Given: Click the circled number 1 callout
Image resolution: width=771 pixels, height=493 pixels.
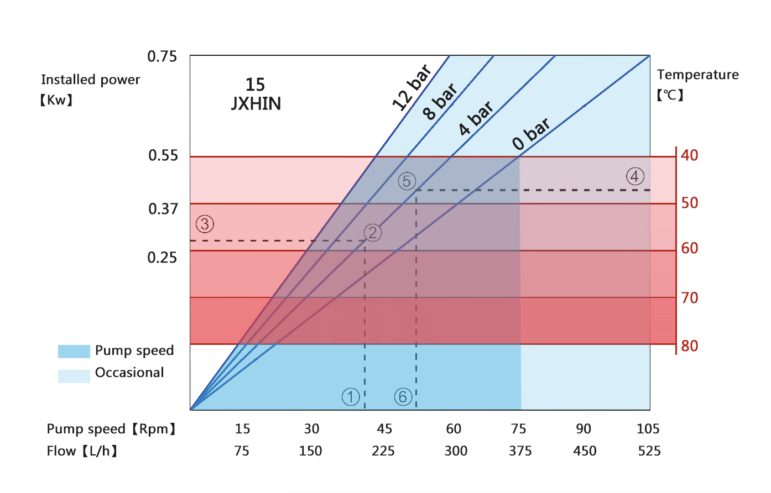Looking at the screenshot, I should [x=351, y=397].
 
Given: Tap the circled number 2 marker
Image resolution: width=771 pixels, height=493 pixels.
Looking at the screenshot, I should [x=372, y=233].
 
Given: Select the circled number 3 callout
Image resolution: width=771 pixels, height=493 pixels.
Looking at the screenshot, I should [x=205, y=224].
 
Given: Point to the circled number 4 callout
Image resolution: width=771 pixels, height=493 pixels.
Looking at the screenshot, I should [x=635, y=176].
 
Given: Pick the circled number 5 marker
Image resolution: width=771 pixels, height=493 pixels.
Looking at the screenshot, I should [x=407, y=181].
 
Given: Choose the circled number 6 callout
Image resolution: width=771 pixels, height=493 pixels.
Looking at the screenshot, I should [x=403, y=397].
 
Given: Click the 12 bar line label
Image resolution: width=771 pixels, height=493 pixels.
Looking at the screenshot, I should [x=411, y=87].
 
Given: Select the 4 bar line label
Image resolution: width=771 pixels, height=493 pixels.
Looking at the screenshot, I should [x=476, y=118].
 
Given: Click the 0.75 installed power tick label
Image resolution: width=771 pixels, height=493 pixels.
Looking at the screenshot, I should [x=162, y=56].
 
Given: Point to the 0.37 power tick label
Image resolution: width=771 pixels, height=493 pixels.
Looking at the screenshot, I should [x=163, y=209].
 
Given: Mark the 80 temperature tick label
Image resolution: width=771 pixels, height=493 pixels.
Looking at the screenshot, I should [x=690, y=346].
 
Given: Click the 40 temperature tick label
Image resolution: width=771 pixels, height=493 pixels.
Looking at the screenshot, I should [x=690, y=155].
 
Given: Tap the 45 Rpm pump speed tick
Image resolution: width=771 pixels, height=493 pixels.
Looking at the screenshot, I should [x=384, y=429].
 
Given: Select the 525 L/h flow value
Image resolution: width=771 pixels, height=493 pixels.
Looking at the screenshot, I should [x=649, y=451].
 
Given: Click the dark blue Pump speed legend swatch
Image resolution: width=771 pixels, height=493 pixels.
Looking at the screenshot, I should [x=74, y=352].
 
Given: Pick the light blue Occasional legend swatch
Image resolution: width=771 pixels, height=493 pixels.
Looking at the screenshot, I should [x=74, y=376].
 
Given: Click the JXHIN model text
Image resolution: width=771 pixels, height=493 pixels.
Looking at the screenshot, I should [x=256, y=103].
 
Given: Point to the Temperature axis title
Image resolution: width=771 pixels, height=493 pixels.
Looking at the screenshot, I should [x=697, y=75].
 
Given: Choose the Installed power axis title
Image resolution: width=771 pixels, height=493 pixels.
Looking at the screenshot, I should [x=90, y=80].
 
